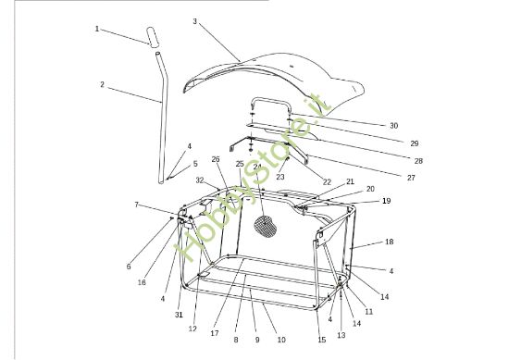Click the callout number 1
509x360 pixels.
point(97,29)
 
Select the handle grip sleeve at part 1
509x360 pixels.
point(153,37)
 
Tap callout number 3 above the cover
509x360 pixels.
point(194,21)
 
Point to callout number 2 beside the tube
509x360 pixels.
point(102,85)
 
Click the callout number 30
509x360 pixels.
point(393,126)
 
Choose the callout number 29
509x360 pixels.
point(415,143)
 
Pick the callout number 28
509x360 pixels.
point(418,161)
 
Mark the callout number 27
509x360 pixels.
point(411,178)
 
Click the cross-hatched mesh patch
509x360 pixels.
point(265,226)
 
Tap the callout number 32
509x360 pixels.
point(200,180)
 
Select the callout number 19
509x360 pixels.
point(386,201)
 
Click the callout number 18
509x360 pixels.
point(390,242)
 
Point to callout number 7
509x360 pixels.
point(137,205)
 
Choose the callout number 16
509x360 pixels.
point(142,282)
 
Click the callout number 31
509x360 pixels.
point(179,315)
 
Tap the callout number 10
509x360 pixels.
point(281,340)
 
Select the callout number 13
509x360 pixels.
point(341,335)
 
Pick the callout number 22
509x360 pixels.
point(327,182)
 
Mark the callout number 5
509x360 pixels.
point(195,164)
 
